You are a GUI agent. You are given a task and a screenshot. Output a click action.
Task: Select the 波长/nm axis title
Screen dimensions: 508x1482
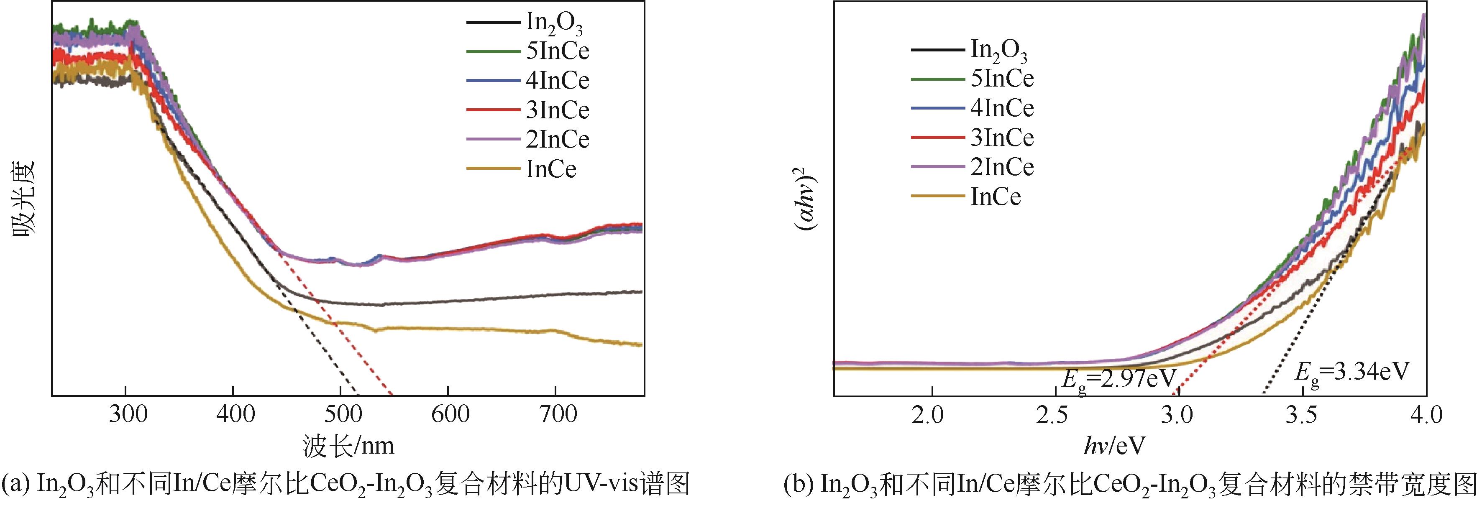coord(348,446)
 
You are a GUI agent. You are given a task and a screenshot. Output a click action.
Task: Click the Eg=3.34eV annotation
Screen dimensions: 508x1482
coord(1352,373)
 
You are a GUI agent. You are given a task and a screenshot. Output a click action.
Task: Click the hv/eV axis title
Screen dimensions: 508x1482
coord(1114,446)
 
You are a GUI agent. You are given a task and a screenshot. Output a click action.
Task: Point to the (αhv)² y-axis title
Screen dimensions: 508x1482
coord(808,199)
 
